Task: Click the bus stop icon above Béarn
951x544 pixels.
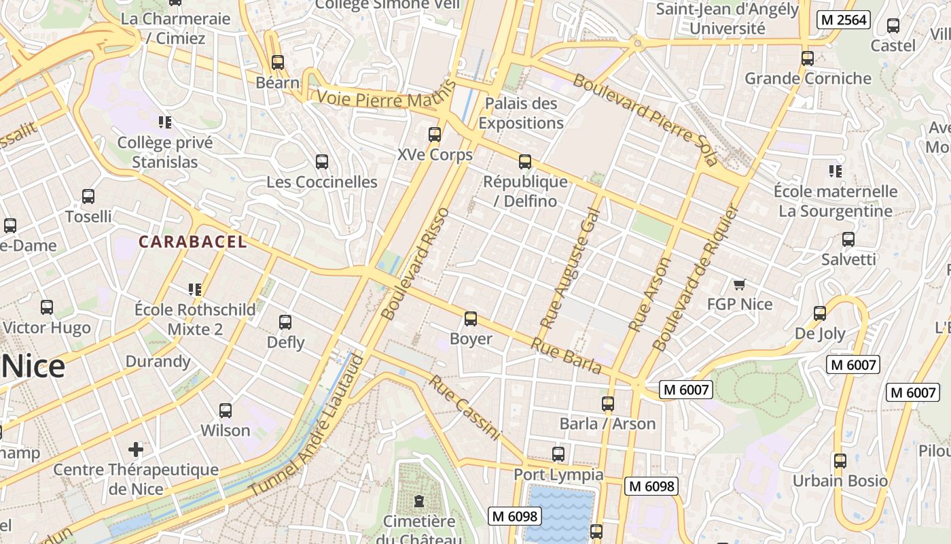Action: pos(277,63)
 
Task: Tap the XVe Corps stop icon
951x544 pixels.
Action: pos(435,135)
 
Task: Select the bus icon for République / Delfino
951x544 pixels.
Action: pos(524,162)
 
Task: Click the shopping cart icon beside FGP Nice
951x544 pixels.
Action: pos(739,284)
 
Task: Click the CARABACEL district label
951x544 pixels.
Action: pos(192,241)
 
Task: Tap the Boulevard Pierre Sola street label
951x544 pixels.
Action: pos(645,120)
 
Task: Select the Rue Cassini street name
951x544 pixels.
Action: pos(465,408)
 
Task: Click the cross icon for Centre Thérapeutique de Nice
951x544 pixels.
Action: pos(136,449)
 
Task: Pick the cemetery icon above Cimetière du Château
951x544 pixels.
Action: pos(419,502)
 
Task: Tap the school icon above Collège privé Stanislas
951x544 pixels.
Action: pos(164,122)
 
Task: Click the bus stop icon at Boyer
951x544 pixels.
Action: pos(470,319)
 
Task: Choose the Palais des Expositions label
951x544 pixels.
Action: pos(521,114)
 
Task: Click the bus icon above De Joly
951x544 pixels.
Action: pos(820,313)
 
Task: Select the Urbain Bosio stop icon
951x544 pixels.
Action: pos(840,461)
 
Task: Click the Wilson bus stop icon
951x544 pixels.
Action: pos(226,411)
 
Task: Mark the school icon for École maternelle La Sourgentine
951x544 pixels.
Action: pos(835,171)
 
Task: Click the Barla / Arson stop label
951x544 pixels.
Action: pos(607,424)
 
